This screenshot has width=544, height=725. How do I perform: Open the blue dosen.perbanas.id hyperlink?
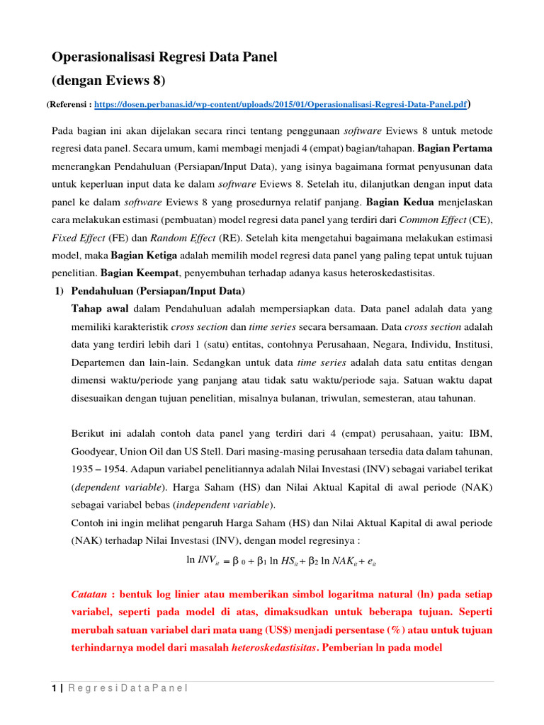tap(280, 104)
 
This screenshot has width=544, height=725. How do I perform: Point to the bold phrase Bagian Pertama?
tap(455, 149)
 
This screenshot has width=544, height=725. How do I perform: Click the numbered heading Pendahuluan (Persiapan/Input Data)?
tap(158, 292)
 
